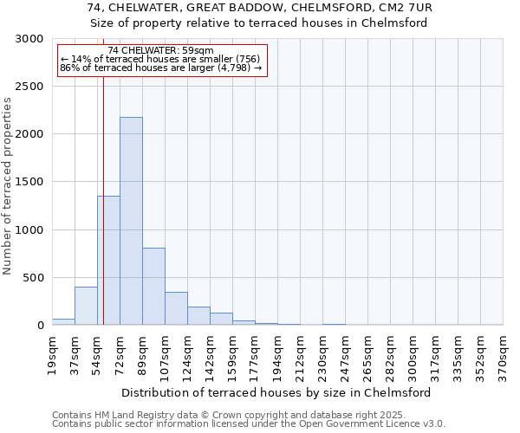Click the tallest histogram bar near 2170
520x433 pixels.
pos(131,221)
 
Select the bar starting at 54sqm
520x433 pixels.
pos(108,260)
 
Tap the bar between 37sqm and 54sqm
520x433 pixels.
pos(86,306)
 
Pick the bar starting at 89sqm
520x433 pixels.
pos(153,286)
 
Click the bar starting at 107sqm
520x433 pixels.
pos(176,308)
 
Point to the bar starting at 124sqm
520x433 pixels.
pos(198,316)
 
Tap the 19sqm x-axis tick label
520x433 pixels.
pos(53,352)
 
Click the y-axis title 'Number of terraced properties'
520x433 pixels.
pos(8,185)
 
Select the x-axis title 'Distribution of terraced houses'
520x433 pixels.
pos(277,392)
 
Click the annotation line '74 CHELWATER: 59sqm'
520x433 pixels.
pos(160,51)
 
